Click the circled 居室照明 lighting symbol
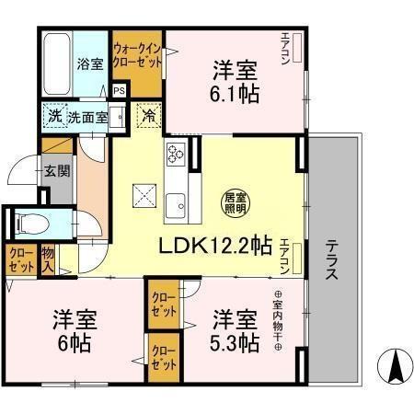coord(234,201)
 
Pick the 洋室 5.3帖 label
coord(236,332)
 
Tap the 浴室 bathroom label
coord(89,65)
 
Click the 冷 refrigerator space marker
coord(148,117)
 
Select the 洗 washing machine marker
coord(54,117)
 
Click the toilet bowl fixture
coord(29,224)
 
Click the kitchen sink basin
coord(175,203)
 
